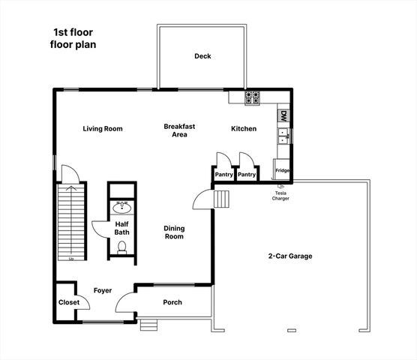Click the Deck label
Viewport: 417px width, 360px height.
pos(202,56)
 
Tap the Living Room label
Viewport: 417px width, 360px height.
pos(103,129)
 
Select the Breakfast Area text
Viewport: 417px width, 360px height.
pos(179,130)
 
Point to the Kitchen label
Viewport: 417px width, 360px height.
pos(243,129)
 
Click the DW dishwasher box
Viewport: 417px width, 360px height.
pos(283,116)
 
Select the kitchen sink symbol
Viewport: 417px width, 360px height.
pos(283,136)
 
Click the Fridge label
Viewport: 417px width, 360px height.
pos(283,171)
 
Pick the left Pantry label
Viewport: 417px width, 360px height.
pos(223,175)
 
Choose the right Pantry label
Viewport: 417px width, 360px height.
pos(247,175)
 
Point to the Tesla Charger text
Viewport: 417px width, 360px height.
pos(280,196)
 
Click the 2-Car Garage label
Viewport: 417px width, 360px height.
pos(290,256)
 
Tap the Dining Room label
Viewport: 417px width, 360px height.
pos(174,232)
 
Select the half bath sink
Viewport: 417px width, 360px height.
pos(121,208)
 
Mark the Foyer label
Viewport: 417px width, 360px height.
pos(103,290)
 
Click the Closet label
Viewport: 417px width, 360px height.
pos(69,302)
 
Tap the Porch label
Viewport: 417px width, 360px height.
pos(172,302)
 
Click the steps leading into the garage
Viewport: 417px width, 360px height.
pos(221,199)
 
